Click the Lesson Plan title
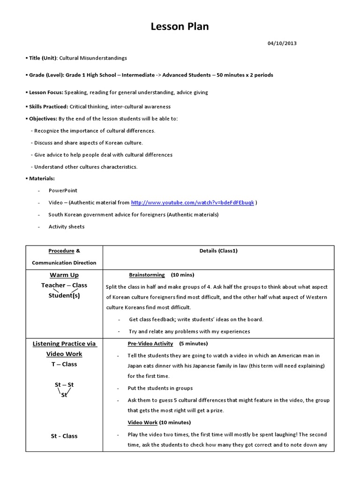(180, 27)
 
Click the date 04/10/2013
(282, 44)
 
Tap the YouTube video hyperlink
(193, 202)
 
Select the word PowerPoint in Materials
(63, 191)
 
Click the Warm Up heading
(64, 275)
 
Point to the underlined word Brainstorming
(147, 275)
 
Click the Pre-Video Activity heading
(150, 344)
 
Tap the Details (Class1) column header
(218, 251)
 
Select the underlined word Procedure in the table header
(61, 251)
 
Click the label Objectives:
(43, 119)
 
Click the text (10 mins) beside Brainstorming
(182, 275)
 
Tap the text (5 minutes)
(193, 344)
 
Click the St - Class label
(64, 436)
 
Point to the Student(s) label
(64, 296)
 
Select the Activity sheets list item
(67, 226)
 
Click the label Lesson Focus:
(46, 92)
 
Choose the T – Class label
(64, 364)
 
